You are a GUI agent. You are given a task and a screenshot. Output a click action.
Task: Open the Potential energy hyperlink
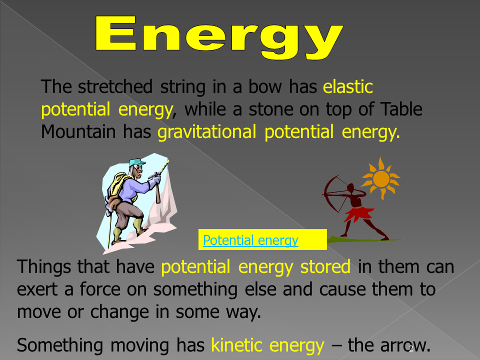coord(250,240)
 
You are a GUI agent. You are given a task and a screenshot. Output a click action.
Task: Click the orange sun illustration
coord(380,178)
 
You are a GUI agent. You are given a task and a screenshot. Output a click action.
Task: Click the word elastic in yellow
coord(348,86)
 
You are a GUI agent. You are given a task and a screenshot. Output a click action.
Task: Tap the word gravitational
coord(206,132)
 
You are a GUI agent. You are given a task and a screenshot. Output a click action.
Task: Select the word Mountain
coord(78,131)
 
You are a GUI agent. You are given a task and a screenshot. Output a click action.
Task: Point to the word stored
coord(325,266)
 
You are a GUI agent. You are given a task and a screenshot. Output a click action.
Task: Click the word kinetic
coord(236,345)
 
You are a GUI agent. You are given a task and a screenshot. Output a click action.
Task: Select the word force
coord(100,289)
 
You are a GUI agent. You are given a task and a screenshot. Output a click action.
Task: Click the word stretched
coord(115,86)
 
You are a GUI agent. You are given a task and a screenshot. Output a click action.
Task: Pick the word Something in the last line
coord(60,346)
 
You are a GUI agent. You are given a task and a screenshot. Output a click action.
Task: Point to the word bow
coord(265,86)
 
